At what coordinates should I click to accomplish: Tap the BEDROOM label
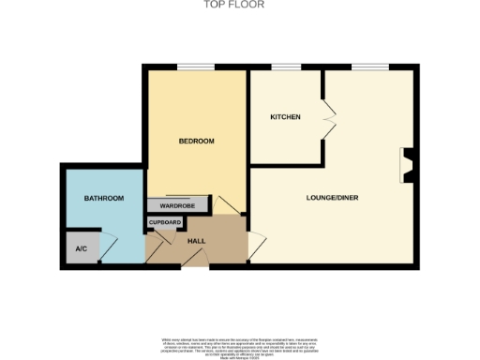click(x=197, y=142)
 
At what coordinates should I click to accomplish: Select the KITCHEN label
click(x=285, y=117)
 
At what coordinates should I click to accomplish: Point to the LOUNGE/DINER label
click(x=333, y=198)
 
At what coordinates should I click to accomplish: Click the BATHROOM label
click(x=104, y=199)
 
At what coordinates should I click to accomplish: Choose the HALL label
click(x=197, y=242)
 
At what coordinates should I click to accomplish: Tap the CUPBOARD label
click(x=164, y=223)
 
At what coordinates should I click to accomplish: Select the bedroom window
click(x=195, y=66)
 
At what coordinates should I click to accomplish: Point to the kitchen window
click(x=286, y=66)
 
